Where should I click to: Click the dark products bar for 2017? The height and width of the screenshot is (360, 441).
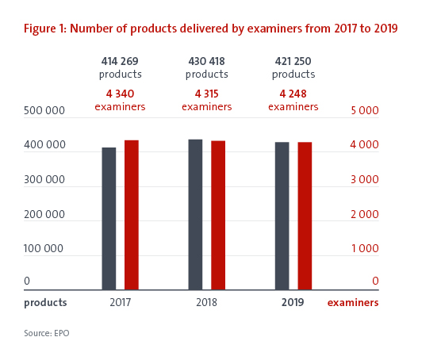click(109, 219)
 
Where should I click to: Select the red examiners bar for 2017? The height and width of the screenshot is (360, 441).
click(132, 215)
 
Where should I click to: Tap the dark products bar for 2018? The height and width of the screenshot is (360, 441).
click(195, 215)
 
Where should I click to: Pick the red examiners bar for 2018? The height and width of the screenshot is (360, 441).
click(218, 215)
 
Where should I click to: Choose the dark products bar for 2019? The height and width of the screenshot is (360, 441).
click(282, 216)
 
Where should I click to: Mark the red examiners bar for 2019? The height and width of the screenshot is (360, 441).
click(305, 216)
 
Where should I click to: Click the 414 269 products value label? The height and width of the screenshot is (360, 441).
click(120, 61)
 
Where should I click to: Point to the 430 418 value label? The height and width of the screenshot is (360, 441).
click(207, 61)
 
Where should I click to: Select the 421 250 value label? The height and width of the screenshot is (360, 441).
click(293, 61)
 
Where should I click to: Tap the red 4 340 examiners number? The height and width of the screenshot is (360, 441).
click(120, 94)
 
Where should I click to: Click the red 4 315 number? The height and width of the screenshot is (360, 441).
click(207, 94)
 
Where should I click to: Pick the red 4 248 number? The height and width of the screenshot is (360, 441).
click(293, 94)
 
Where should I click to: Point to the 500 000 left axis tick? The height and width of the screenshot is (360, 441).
click(44, 110)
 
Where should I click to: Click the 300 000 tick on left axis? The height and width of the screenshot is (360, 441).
click(44, 179)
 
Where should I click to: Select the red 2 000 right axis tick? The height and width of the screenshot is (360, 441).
click(365, 214)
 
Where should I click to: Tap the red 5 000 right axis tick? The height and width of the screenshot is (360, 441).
click(365, 110)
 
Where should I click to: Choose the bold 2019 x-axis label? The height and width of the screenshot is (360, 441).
click(293, 302)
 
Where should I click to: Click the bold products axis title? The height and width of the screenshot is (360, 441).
click(45, 303)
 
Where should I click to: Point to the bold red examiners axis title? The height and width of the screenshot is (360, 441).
click(353, 303)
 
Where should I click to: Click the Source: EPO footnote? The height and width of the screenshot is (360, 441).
click(47, 333)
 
